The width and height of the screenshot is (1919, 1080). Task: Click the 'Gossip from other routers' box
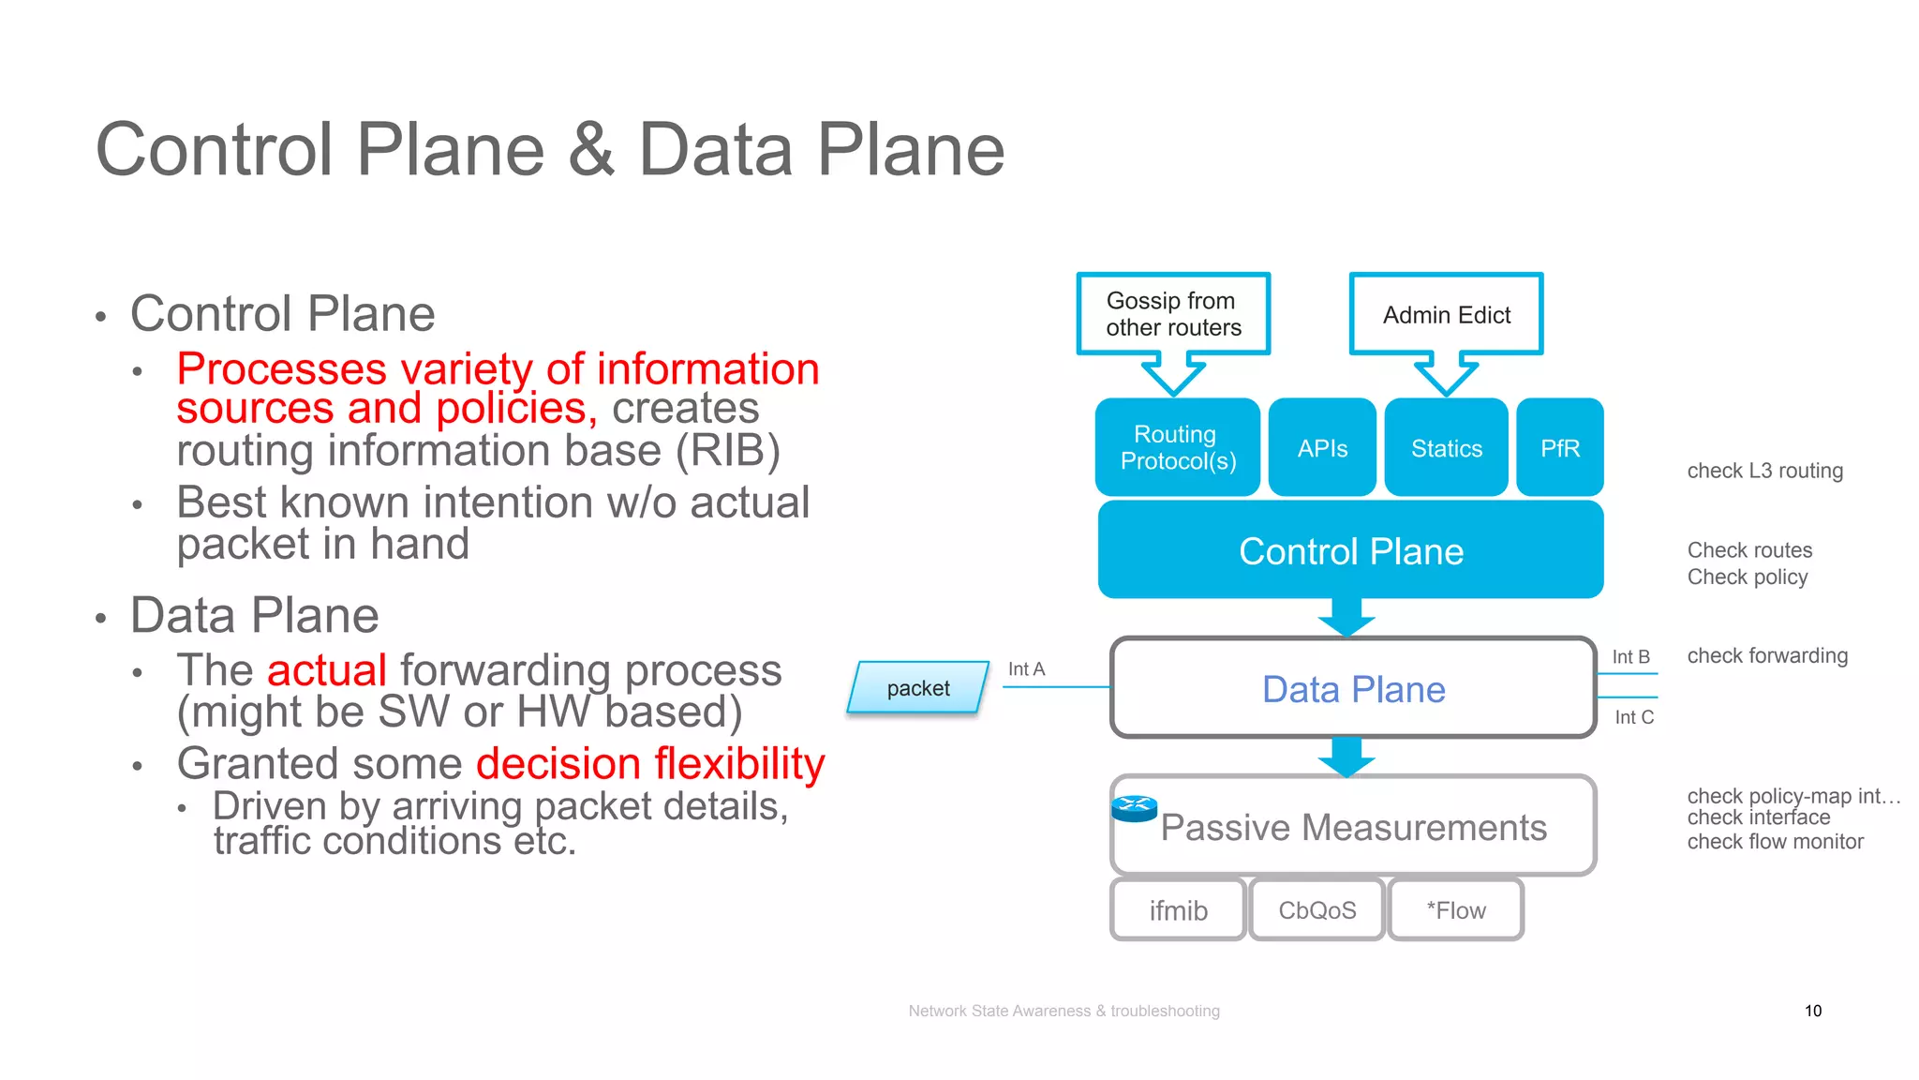[x=1173, y=314]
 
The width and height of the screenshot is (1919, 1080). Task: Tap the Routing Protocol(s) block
[x=1178, y=447]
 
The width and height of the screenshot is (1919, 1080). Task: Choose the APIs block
[x=1322, y=448]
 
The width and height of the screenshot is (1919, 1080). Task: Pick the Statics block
[x=1446, y=448]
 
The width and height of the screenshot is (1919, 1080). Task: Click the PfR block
[x=1559, y=448]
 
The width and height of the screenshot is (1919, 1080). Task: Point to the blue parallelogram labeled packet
[x=918, y=688]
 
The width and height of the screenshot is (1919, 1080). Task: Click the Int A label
[x=1026, y=668]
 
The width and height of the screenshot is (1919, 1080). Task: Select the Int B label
[x=1630, y=657]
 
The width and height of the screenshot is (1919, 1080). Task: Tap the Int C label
[x=1634, y=717]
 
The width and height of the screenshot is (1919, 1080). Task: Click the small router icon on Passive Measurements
[x=1134, y=807]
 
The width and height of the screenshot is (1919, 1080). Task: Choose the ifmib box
[x=1178, y=910]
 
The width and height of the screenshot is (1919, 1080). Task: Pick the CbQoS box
[x=1317, y=910]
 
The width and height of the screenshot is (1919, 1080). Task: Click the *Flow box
[x=1455, y=910]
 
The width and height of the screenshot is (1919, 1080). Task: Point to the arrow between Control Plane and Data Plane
[x=1346, y=618]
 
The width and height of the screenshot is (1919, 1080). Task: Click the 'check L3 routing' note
[x=1764, y=471]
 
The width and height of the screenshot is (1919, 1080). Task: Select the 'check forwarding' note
[x=1767, y=655]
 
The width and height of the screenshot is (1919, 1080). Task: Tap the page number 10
[x=1812, y=1011]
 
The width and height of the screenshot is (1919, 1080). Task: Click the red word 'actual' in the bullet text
[x=326, y=670]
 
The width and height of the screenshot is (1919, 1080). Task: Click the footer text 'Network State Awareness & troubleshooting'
[x=1064, y=1011]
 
